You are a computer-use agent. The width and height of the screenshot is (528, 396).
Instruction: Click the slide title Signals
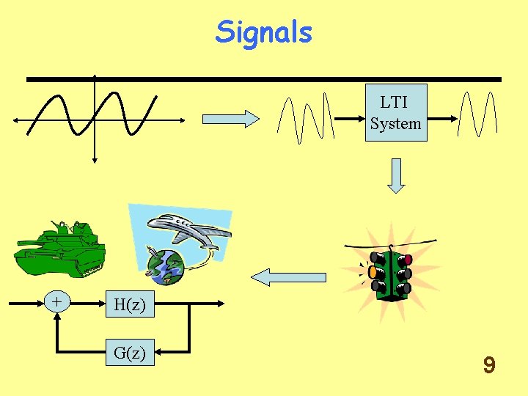[x=264, y=32]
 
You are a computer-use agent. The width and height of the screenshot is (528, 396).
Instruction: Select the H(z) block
[x=129, y=304]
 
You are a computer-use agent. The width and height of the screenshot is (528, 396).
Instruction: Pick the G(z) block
[x=129, y=353]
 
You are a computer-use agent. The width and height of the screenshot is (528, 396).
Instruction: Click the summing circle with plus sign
[x=56, y=301]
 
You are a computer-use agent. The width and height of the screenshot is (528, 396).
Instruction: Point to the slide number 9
[x=489, y=364]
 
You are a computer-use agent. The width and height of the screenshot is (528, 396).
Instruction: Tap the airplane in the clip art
[x=192, y=232]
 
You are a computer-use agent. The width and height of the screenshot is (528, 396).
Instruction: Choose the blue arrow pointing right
[x=230, y=118]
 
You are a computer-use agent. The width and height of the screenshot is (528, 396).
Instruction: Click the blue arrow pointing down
[x=396, y=175]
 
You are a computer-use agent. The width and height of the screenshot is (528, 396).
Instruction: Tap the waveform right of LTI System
[x=476, y=115]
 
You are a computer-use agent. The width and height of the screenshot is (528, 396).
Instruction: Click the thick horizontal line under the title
[x=264, y=78]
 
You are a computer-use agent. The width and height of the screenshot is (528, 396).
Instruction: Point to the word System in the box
[x=395, y=123]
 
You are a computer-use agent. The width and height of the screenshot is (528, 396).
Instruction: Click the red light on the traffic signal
[x=408, y=259]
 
